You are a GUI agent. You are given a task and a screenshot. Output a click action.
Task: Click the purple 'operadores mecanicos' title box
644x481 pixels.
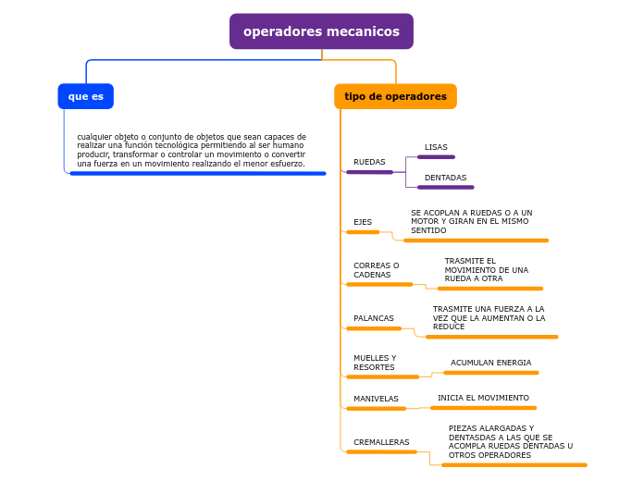321,31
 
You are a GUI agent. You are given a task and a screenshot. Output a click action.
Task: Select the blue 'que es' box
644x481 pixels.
85,96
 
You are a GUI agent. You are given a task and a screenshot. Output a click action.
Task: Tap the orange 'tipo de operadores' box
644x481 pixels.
395,96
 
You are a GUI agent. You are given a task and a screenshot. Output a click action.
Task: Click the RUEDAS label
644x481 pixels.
369,162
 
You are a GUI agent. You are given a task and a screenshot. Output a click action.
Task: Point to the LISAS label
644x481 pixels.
436,147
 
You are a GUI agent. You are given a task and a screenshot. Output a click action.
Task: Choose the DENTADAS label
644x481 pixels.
445,178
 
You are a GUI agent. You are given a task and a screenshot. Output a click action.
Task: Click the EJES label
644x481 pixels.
363,222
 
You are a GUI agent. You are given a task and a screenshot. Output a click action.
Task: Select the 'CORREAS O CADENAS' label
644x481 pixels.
377,270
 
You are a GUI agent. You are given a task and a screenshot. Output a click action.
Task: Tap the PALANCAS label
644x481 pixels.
374,318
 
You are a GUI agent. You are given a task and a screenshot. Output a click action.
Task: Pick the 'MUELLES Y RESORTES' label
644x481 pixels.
375,363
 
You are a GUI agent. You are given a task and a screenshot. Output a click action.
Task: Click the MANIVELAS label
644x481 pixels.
376,399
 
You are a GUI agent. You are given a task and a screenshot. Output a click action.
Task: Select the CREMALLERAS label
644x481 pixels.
381,442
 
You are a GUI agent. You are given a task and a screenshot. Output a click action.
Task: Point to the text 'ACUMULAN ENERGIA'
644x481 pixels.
490,363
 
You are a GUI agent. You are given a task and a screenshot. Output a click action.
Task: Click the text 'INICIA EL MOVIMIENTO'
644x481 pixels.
483,398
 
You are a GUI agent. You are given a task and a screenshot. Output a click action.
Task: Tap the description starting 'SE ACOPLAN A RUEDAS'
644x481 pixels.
472,221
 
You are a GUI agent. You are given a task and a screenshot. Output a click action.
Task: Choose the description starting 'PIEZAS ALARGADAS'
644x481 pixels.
511,442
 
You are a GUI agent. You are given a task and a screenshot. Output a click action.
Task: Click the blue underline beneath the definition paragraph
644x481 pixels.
198,173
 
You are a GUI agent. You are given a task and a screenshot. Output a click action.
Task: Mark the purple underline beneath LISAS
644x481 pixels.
436,157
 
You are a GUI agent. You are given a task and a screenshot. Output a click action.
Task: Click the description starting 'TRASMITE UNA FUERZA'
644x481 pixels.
489,318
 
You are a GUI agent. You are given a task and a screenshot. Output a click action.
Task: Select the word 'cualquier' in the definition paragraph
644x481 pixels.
93,137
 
